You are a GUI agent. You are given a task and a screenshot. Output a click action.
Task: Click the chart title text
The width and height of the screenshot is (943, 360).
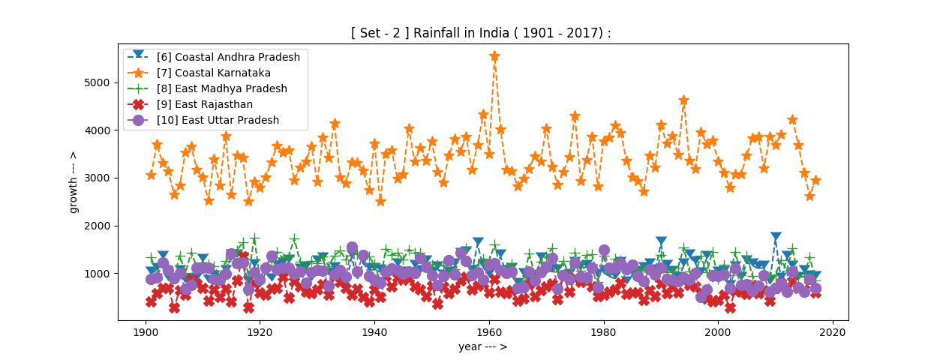[481, 33]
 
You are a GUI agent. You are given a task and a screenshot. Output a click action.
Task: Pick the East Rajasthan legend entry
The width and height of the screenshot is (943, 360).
[209, 104]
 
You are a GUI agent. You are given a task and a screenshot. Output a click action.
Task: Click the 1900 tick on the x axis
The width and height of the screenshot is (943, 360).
[146, 331]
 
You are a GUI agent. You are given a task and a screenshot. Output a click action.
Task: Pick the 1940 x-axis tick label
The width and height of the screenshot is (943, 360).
[374, 331]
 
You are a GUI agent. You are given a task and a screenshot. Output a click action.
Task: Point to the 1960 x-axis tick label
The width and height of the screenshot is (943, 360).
[489, 331]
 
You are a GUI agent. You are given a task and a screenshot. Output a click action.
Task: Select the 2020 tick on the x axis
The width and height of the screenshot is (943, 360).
[833, 331]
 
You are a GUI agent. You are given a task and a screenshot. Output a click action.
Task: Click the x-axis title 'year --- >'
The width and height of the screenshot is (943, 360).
[482, 347]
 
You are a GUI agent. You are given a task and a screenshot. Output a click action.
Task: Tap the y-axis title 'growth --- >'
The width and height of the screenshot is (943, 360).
[74, 181]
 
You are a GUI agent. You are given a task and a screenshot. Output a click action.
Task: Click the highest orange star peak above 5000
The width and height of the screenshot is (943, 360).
[494, 56]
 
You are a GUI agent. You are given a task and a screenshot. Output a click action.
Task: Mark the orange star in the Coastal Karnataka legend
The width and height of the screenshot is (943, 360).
[139, 73]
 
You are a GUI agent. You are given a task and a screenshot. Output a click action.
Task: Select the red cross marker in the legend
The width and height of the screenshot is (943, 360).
[139, 104]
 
